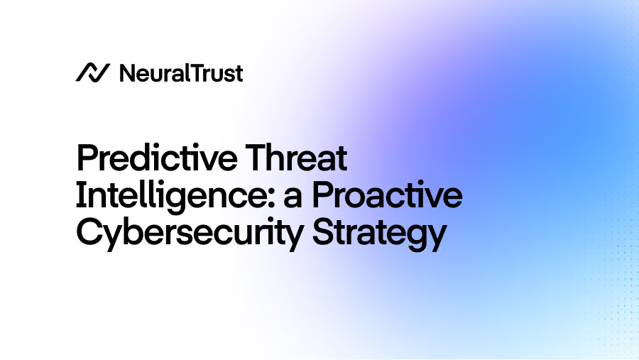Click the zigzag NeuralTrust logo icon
(92, 72)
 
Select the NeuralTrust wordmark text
(181, 72)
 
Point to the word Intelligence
(170, 196)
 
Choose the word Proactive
(388, 196)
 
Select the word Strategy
(380, 234)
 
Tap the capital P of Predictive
(87, 158)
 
